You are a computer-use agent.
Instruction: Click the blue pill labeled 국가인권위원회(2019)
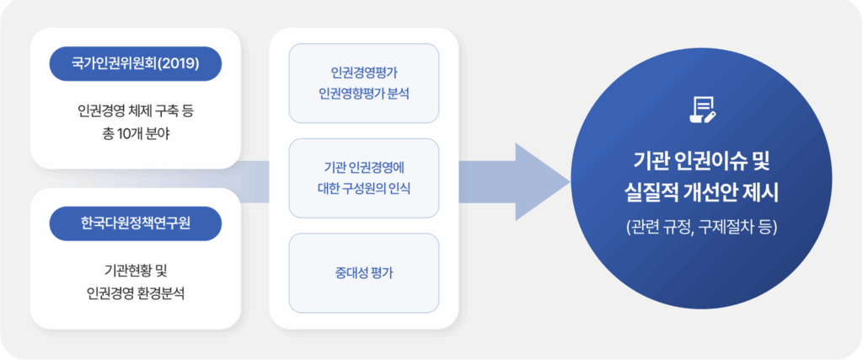(x=135, y=63)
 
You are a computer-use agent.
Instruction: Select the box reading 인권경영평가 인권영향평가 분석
(x=364, y=83)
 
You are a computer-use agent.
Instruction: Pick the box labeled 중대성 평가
(x=364, y=272)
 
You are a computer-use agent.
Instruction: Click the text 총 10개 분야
(x=135, y=133)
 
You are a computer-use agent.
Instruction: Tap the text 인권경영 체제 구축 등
(x=135, y=110)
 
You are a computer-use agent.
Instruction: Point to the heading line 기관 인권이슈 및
(x=702, y=160)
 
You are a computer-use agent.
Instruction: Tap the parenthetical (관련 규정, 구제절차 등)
(x=702, y=227)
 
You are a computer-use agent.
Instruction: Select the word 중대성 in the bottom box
(x=352, y=272)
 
